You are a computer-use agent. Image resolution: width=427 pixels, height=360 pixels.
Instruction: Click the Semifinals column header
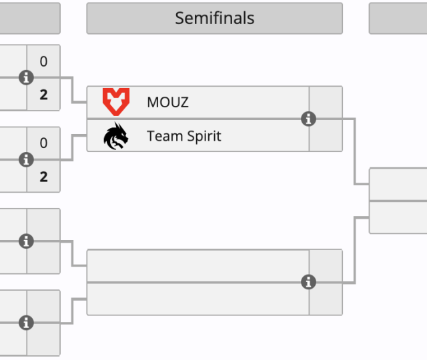point(214,18)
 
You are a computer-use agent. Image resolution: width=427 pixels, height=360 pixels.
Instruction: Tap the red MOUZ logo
point(116,102)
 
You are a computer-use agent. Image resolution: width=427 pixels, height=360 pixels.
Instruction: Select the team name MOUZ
point(167,103)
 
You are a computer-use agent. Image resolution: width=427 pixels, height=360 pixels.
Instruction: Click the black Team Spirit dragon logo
point(116,136)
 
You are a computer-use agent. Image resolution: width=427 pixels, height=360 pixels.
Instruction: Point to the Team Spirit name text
point(183,136)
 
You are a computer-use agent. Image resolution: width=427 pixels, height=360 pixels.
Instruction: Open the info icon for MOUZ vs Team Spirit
point(308,119)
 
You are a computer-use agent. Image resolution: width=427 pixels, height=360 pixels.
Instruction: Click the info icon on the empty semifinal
point(308,282)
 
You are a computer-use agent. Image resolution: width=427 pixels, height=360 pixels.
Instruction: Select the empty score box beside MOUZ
point(326,102)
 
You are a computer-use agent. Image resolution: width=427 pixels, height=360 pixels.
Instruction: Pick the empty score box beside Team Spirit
point(326,136)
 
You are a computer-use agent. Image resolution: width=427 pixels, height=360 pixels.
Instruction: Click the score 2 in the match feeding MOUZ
point(43,95)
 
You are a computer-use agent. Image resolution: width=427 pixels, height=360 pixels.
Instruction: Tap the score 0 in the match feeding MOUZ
point(43,61)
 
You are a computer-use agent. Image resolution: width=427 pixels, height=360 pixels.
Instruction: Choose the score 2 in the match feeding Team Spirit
point(43,177)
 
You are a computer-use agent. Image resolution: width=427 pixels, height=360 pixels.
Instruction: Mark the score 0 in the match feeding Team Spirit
point(43,143)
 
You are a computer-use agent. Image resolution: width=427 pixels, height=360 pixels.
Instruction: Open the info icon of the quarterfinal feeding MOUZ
point(26,77)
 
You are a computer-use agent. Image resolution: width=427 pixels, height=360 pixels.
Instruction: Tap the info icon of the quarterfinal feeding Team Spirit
point(26,159)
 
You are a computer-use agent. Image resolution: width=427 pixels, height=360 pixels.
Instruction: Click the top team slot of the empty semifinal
point(197,266)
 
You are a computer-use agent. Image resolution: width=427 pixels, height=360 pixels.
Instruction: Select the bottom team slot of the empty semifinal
point(197,299)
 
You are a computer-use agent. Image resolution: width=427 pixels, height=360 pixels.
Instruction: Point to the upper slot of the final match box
point(398,184)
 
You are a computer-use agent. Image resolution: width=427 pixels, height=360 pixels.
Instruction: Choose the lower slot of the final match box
point(398,217)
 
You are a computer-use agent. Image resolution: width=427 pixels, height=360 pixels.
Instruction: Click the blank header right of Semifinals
point(398,18)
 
